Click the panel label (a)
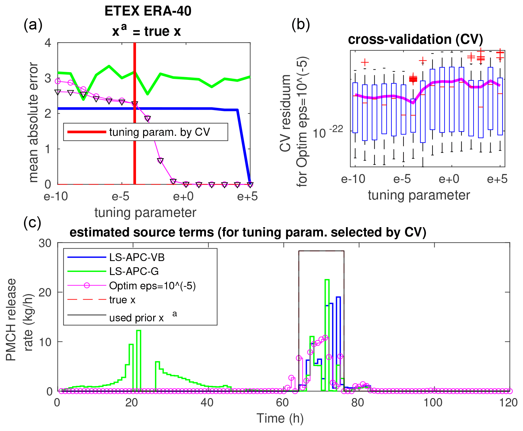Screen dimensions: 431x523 33,25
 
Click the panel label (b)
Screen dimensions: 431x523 301,25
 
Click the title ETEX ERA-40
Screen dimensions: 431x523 148,11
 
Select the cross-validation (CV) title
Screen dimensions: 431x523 415,39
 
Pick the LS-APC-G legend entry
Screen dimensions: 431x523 134,271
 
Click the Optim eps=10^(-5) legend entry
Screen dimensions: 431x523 152,286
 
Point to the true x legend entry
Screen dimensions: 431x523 122,300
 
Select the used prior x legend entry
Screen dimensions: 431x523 137,318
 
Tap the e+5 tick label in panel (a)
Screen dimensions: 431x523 247,197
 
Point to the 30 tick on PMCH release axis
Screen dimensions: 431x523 45,243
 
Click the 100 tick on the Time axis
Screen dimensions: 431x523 433,403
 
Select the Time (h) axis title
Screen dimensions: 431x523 280,419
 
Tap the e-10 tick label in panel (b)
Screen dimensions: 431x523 353,179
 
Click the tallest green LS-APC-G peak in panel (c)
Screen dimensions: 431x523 327,280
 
